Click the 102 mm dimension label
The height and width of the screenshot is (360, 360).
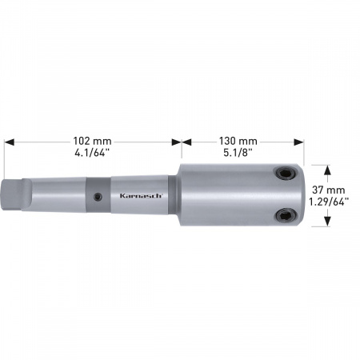pos(92,141)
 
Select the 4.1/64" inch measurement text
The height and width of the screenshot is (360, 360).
pos(92,153)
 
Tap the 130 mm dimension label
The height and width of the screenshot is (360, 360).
pos(238,141)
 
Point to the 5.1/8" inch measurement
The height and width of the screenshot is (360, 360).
pos(238,153)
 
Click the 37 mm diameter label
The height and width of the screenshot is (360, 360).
pos(329,190)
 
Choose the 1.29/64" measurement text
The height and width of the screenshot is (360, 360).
pos(329,202)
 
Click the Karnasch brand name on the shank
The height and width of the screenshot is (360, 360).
pos(141,196)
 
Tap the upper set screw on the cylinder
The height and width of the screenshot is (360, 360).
pos(286,174)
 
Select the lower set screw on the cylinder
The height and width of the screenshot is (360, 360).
pos(284,215)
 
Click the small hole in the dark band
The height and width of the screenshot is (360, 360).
pos(98,197)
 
